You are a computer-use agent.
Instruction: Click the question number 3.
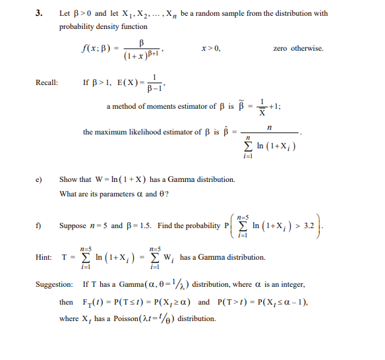pos(38,13)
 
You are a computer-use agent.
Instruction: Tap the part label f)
pos(38,226)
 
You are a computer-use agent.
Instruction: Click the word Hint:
pos(44,258)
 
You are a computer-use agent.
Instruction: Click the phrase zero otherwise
pos(298,48)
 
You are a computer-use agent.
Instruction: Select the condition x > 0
pos(211,48)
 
